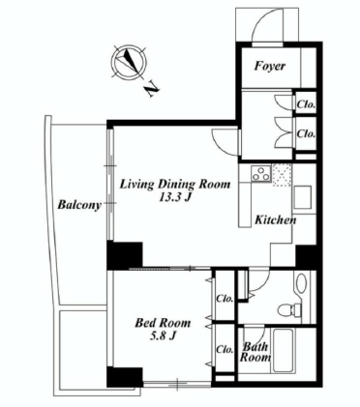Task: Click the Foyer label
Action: (270, 66)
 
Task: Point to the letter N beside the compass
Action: (152, 89)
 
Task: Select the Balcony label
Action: (79, 205)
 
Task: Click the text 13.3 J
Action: (175, 197)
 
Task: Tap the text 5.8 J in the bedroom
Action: (163, 336)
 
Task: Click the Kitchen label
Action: (276, 220)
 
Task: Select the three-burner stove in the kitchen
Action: (260, 173)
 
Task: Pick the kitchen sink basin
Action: (302, 197)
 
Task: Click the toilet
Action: (289, 310)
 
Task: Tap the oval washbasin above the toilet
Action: (302, 283)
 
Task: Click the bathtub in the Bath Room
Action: (285, 351)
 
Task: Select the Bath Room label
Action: (255, 352)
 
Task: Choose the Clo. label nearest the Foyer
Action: (306, 104)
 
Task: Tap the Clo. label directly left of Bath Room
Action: (225, 349)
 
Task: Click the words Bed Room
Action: (163, 323)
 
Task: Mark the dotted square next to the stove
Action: (282, 175)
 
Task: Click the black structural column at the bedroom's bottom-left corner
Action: (125, 377)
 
